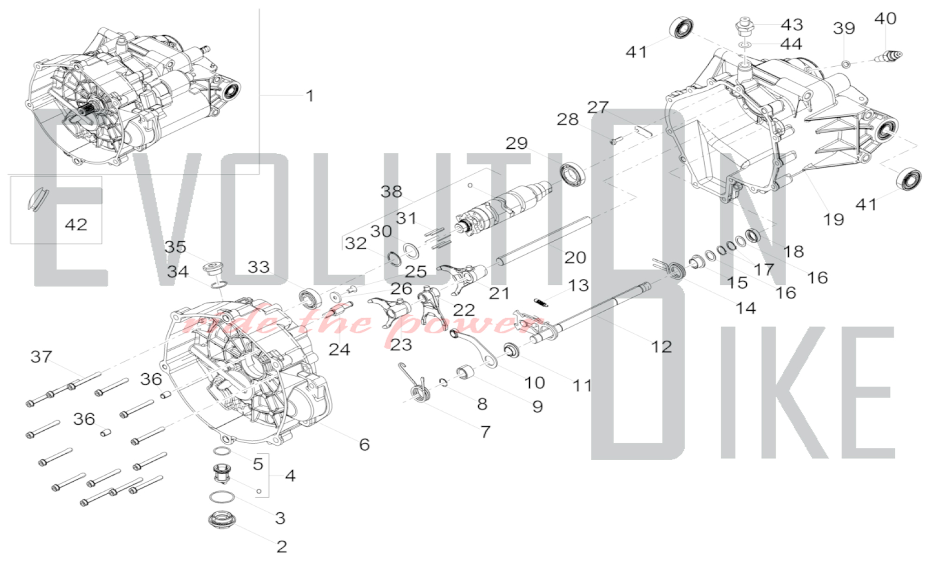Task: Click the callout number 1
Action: coord(310,96)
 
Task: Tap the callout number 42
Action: coord(76,225)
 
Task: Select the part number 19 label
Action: coord(833,219)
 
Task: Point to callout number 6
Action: coord(364,445)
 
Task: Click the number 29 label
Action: coord(516,143)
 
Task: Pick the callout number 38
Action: coord(391,191)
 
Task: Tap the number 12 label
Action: coord(661,346)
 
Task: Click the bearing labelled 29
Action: coord(573,174)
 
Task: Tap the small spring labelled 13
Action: coord(540,302)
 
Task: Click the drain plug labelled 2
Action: coord(221,519)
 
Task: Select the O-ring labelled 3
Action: coord(222,497)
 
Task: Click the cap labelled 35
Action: coord(213,268)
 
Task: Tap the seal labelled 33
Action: coord(309,297)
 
